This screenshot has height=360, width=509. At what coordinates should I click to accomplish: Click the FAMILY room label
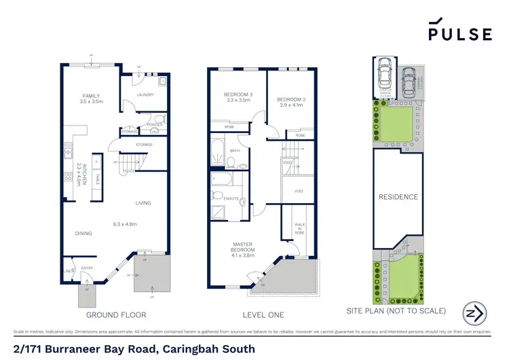91,96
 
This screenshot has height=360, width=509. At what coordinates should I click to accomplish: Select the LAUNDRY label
146,95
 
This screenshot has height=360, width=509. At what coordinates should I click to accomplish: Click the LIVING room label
143,202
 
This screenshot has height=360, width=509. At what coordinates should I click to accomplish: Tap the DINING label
83,234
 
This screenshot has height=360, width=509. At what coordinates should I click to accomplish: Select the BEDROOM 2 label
290,101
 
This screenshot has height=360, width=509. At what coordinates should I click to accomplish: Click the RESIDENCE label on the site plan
398,197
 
